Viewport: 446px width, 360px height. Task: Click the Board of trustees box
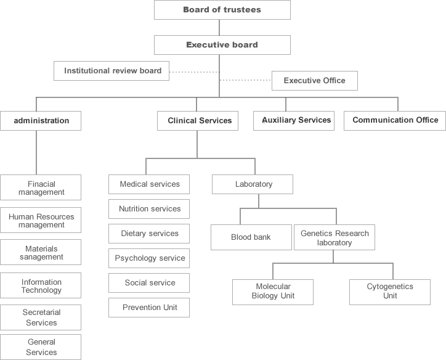222,10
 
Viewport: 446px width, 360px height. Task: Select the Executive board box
222,45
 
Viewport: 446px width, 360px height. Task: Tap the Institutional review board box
111,71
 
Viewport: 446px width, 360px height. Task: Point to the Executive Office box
315,81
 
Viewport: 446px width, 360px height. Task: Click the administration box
41,121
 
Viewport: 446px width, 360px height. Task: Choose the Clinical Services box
198,121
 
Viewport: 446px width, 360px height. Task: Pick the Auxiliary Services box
294,121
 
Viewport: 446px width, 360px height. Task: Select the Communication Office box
395,121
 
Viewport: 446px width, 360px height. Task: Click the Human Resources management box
41,220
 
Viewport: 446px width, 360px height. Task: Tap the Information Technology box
41,285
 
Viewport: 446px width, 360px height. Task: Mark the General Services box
41,347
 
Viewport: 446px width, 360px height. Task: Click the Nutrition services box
149,209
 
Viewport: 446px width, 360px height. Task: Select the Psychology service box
149,258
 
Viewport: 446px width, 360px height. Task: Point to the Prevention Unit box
149,308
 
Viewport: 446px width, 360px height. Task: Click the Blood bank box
251,237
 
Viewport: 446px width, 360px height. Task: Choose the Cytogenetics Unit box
390,292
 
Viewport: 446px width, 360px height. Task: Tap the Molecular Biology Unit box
273,292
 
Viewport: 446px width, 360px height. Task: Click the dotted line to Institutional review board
194,72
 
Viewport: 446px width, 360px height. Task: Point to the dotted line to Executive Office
245,80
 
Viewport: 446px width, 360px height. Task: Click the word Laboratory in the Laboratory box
254,184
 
